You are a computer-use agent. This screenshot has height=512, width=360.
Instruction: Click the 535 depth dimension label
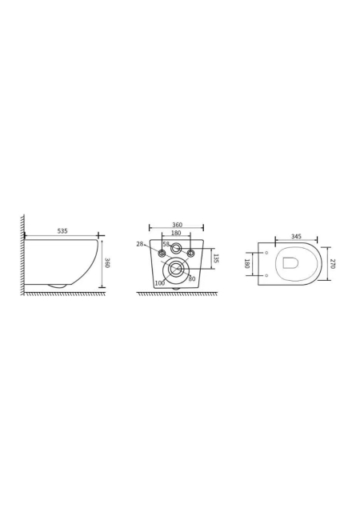(62, 231)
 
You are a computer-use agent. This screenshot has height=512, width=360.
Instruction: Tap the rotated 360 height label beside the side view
(107, 262)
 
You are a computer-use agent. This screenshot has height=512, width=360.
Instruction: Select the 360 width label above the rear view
(177, 225)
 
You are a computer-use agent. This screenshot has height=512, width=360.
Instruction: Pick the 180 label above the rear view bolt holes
(176, 233)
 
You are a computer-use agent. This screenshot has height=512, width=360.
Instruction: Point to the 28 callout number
(140, 244)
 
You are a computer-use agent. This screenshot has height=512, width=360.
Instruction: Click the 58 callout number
(166, 244)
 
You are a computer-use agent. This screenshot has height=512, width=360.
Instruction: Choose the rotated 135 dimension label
(217, 258)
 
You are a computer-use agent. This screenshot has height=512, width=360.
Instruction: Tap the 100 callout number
(160, 283)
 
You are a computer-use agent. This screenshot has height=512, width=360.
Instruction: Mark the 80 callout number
(192, 279)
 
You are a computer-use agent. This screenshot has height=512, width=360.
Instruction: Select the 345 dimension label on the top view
(296, 237)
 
